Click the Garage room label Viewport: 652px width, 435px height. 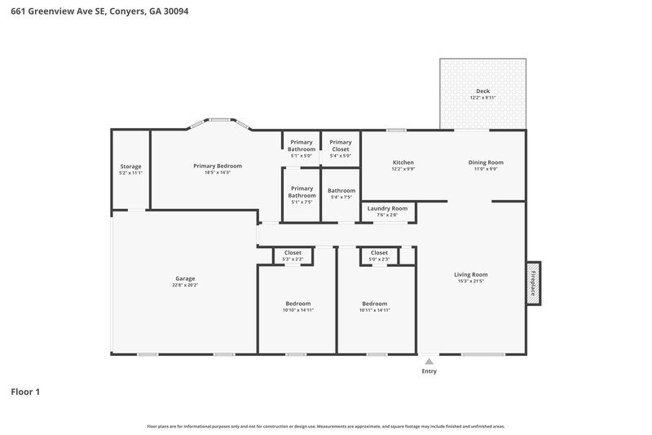click(x=184, y=278)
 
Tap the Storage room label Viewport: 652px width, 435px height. click(x=130, y=166)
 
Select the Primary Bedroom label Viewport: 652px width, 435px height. click(x=217, y=166)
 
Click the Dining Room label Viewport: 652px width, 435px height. click(x=486, y=162)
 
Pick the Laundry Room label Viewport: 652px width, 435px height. click(x=387, y=208)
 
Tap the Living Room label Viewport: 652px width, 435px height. click(x=470, y=274)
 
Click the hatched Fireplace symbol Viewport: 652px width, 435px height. click(x=533, y=283)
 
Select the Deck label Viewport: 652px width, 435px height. click(x=482, y=91)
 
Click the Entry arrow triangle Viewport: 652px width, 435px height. click(x=429, y=359)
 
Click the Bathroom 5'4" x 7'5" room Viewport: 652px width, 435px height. click(x=341, y=193)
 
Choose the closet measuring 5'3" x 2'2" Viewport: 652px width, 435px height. click(x=293, y=255)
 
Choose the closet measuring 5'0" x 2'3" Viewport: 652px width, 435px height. click(x=379, y=255)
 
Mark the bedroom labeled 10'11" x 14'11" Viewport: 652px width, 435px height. click(x=375, y=306)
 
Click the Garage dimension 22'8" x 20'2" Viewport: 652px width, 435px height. click(x=184, y=285)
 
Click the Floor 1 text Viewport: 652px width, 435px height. click(x=25, y=392)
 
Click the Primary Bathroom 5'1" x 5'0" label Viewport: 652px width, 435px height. click(x=301, y=145)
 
